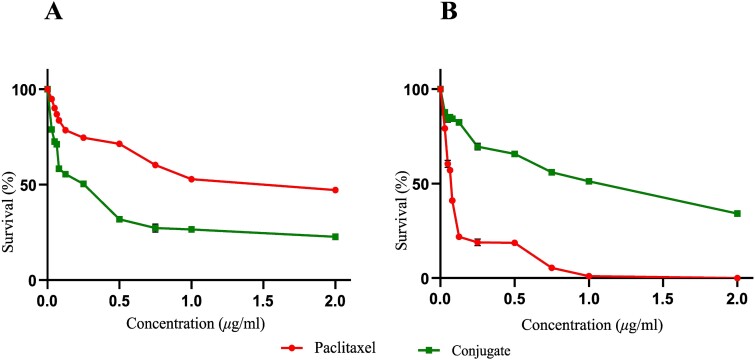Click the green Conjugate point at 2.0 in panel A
[x=335, y=236]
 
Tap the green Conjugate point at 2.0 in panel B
[x=737, y=213]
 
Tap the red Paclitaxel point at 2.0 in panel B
[x=737, y=278]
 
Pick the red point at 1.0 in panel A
[x=191, y=179]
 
